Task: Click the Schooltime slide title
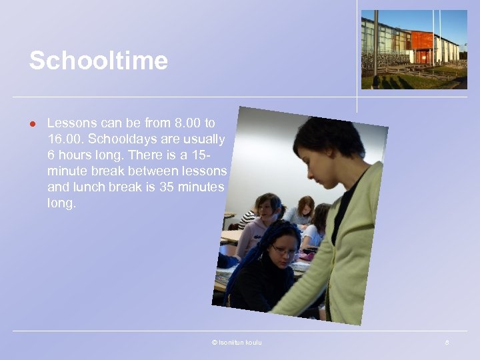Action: (x=98, y=61)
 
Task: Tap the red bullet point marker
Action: (x=31, y=123)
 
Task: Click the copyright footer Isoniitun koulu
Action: (x=237, y=343)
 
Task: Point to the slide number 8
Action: (x=447, y=343)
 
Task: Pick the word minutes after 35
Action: (x=203, y=187)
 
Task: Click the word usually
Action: (x=203, y=139)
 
